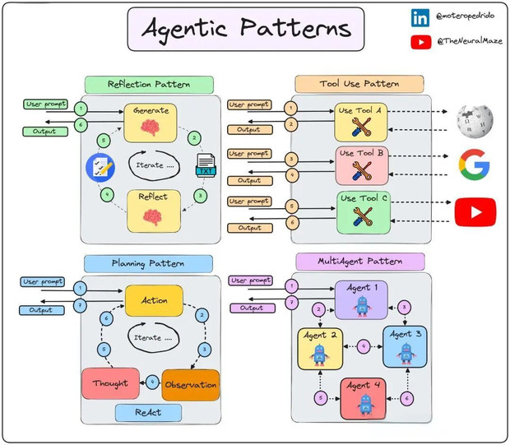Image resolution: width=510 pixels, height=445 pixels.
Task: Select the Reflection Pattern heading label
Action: [149, 84]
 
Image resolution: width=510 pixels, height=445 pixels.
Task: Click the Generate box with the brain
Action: [151, 123]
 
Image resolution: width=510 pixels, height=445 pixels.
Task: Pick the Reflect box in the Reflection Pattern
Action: [151, 209]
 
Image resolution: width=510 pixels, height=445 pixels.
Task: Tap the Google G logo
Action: [474, 165]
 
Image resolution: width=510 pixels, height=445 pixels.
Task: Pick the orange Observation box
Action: [191, 384]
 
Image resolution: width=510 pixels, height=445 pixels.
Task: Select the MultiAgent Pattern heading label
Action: [359, 262]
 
